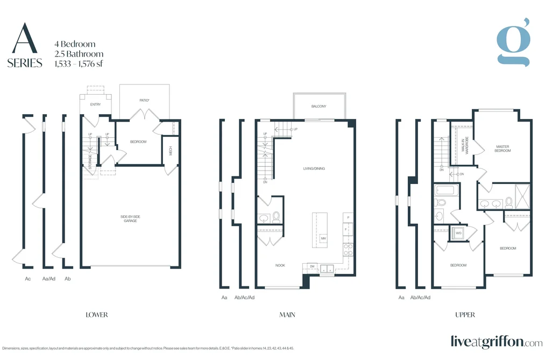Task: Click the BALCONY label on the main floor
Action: (318, 107)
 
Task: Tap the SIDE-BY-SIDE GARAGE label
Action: (130, 218)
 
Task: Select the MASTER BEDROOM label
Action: (502, 149)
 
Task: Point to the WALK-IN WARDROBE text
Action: (465, 145)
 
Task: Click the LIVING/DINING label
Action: (314, 168)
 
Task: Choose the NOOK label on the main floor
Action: (280, 265)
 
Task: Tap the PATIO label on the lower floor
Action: (144, 101)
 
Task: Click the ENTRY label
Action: (95, 104)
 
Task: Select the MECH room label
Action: (171, 151)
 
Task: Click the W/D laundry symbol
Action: (458, 233)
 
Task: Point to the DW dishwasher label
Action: (312, 266)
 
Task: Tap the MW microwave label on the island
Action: (323, 238)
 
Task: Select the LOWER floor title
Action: (97, 315)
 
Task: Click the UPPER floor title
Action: (465, 315)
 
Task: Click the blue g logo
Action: (513, 43)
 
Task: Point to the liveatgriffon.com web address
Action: (497, 342)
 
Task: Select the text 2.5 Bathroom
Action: (79, 54)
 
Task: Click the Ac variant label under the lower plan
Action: (28, 279)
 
